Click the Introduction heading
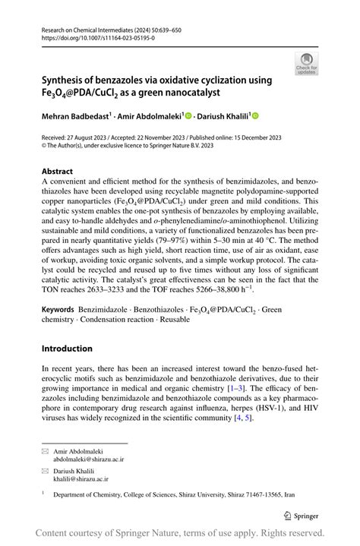67,349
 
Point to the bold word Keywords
58,310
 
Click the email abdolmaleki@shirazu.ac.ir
89,459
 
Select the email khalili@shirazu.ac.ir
80,481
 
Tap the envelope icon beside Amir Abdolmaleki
45,451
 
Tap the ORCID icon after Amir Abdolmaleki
188,116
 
